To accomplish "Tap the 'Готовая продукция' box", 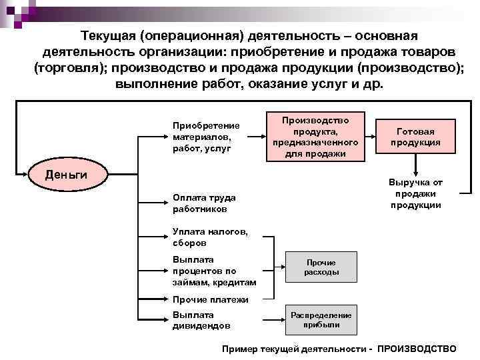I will pos(415,137).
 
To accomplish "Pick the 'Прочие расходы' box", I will pos(321,267).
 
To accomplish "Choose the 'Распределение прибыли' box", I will pos(321,320).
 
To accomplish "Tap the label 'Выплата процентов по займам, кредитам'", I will pos(203,271).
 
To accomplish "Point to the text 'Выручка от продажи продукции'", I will pos(415,193).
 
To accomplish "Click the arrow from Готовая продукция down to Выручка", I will pos(415,164).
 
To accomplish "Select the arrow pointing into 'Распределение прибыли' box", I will pos(275,320).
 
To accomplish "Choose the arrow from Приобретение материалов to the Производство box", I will pos(255,137).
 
